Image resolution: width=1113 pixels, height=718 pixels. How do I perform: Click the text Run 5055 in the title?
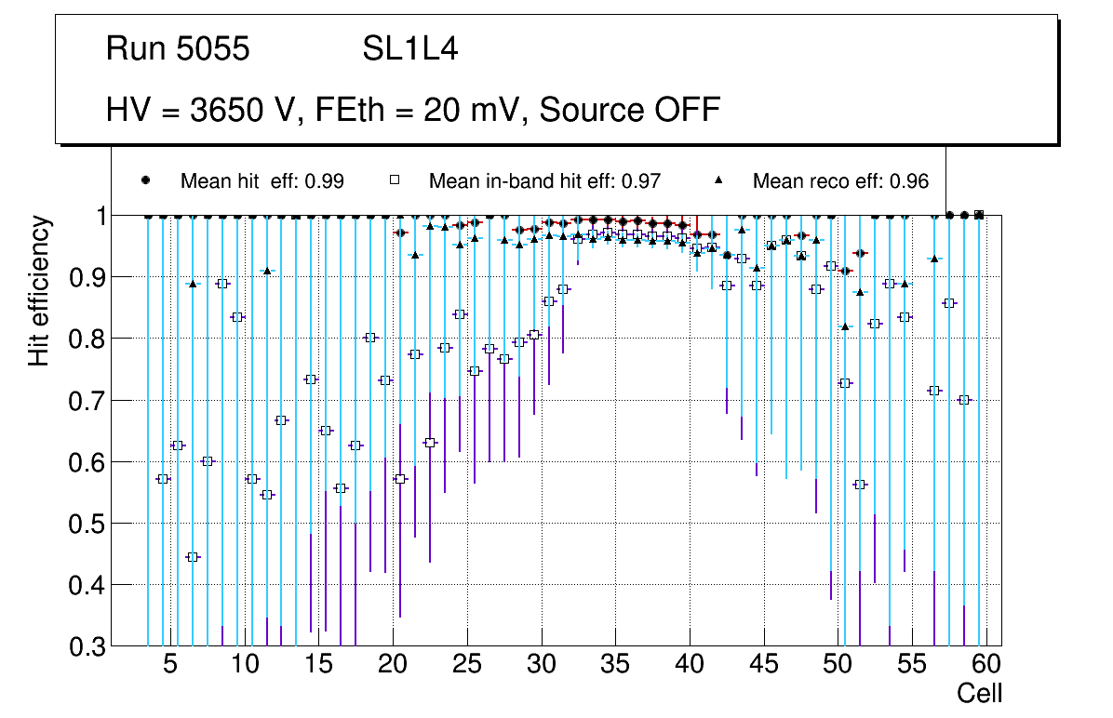178,49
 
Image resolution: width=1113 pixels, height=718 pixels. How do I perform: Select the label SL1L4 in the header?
409,49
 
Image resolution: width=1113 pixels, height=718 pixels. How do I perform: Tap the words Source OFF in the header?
630,110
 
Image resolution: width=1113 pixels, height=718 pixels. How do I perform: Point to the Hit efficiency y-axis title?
39,291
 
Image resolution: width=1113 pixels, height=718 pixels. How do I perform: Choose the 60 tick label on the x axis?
986,665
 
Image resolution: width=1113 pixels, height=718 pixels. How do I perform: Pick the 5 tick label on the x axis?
170,665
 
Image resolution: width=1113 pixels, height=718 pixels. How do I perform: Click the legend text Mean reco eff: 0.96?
840,181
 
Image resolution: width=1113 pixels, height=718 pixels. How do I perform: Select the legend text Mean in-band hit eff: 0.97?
544,181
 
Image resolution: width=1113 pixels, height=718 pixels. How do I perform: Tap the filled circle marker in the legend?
145,180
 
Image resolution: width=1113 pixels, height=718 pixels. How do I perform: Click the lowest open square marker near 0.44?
193,557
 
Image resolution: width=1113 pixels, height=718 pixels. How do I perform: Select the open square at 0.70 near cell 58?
964,400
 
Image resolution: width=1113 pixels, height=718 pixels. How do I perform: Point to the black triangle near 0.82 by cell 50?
845,326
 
